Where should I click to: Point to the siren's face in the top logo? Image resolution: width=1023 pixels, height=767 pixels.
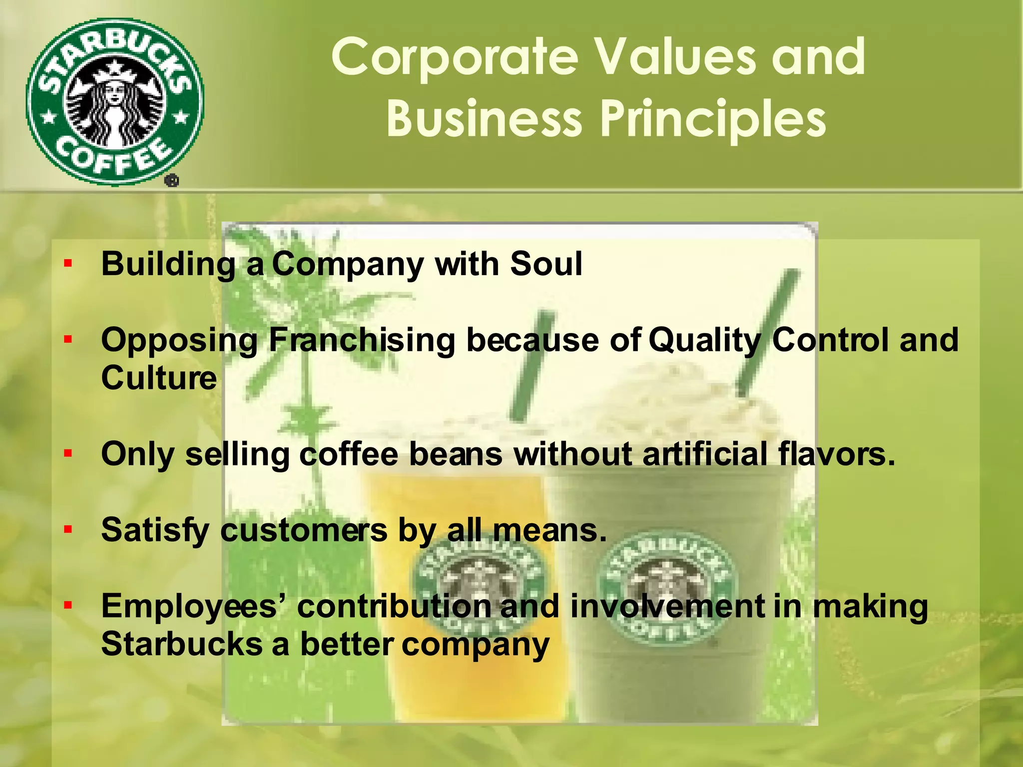point(115,92)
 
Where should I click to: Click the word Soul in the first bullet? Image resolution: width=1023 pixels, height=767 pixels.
point(545,264)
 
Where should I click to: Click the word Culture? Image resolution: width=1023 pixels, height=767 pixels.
point(159,378)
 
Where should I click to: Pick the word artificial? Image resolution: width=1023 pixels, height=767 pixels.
point(704,454)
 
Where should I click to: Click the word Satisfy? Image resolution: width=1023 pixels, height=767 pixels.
point(155,530)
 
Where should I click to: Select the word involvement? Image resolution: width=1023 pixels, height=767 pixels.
point(667,607)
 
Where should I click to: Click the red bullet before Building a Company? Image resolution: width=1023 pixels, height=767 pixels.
point(68,264)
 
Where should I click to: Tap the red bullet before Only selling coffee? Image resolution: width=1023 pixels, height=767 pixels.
point(68,454)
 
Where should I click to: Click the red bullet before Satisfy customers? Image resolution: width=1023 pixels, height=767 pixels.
point(68,530)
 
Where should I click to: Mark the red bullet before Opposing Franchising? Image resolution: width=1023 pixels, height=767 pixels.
point(68,340)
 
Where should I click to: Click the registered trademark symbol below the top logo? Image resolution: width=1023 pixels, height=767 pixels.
point(171,181)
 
